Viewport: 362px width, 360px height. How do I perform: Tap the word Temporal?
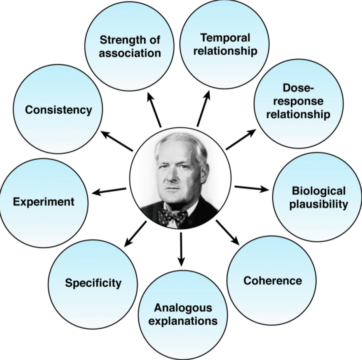(225, 38)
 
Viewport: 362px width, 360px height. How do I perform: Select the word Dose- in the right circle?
(298, 88)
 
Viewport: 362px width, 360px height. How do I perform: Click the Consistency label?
(59, 110)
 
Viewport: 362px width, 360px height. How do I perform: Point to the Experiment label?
(44, 202)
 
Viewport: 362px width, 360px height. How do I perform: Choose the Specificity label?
(93, 283)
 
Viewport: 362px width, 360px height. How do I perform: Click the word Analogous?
(183, 308)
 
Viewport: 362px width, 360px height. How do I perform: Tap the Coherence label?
(273, 280)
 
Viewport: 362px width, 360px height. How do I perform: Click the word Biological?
(318, 191)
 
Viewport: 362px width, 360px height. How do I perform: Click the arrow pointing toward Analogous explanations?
(181, 249)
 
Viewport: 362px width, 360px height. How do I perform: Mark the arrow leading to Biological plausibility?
(252, 189)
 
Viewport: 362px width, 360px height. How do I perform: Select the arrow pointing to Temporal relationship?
(203, 109)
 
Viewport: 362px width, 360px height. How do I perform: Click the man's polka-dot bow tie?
(173, 217)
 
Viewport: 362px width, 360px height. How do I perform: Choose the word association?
(130, 53)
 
